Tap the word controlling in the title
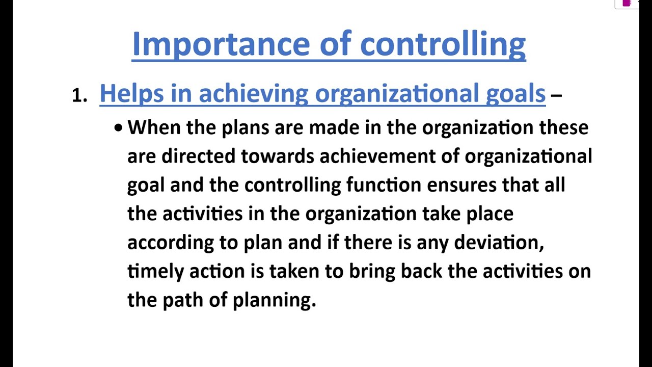tap(443, 45)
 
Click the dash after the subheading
tap(556, 95)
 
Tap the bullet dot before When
tap(119, 128)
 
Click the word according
tap(170, 243)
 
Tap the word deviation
tap(498, 242)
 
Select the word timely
tap(155, 271)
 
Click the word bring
tap(372, 271)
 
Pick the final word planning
tap(274, 300)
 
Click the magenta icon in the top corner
tap(627, 3)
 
